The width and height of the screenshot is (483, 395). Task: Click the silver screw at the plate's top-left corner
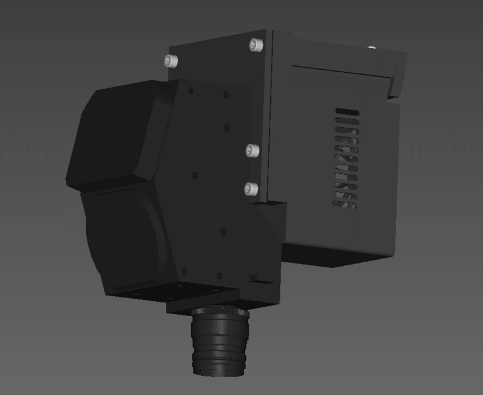pyautogui.click(x=171, y=60)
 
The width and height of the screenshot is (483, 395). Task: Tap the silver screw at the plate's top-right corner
pyautogui.click(x=256, y=44)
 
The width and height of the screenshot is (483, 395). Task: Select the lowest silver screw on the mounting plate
pyautogui.click(x=251, y=188)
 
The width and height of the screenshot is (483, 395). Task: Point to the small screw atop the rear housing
pyautogui.click(x=371, y=47)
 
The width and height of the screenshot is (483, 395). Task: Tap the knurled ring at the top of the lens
pyautogui.click(x=220, y=314)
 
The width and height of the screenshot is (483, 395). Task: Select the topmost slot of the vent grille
pyautogui.click(x=347, y=112)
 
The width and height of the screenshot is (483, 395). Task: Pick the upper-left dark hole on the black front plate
pyautogui.click(x=191, y=91)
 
